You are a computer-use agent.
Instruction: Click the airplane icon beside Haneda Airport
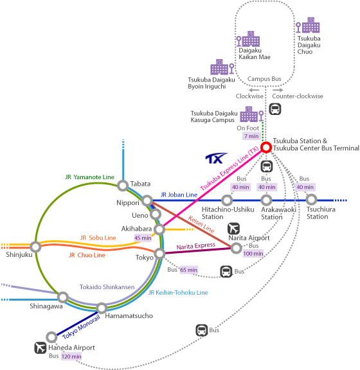40,348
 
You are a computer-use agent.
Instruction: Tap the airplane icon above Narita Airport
233,229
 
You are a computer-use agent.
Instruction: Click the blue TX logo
216,158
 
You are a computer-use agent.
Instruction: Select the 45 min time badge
143,238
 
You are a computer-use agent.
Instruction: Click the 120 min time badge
71,357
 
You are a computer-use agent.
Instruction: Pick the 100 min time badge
253,254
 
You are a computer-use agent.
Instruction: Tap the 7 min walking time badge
251,136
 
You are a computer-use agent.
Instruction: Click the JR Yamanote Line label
90,177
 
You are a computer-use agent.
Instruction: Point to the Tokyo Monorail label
81,327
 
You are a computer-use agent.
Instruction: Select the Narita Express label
196,246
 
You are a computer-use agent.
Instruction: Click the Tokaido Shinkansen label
107,287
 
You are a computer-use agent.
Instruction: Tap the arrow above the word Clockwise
254,90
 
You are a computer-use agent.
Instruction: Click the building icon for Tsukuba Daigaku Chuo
308,25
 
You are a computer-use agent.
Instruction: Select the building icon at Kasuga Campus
252,114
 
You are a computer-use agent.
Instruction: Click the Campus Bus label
264,79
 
